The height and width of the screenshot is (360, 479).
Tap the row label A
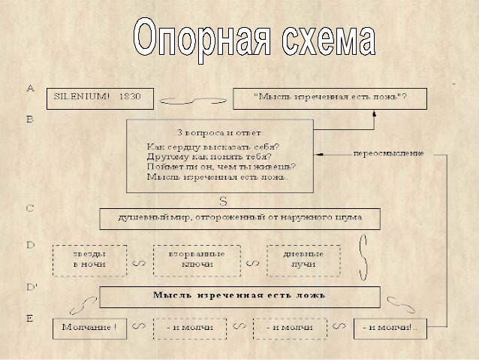[31, 88]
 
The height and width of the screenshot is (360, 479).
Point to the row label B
[30, 119]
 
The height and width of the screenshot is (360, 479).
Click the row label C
[31, 208]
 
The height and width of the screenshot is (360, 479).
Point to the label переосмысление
[388, 153]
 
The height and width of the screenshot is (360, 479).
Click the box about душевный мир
[240, 218]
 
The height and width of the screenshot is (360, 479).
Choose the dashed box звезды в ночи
[89, 259]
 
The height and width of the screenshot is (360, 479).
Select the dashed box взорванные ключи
[197, 259]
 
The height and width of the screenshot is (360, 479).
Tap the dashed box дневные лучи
[303, 259]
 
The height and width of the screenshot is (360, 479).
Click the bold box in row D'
[239, 296]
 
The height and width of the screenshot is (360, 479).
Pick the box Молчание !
[89, 328]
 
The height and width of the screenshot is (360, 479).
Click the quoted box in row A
[330, 98]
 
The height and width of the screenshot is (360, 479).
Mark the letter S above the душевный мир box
[223, 201]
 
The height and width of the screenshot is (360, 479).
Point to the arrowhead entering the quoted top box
[373, 113]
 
